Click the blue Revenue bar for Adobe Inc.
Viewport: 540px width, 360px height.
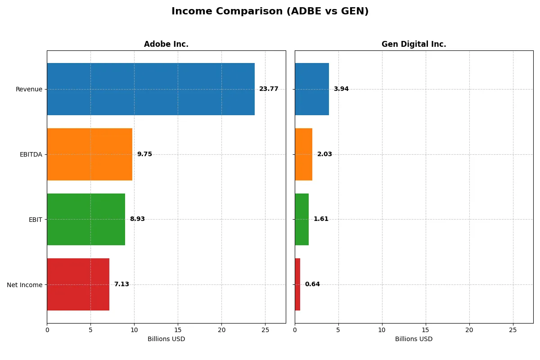(x=151, y=89)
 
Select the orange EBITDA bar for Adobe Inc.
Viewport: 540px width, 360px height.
(x=90, y=154)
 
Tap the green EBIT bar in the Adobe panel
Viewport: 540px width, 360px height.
(x=86, y=219)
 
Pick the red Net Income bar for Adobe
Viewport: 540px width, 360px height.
(x=78, y=284)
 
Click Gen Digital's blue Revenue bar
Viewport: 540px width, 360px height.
(x=312, y=89)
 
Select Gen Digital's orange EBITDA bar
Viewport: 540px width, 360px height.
(x=304, y=154)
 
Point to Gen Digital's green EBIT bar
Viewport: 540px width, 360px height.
(x=302, y=219)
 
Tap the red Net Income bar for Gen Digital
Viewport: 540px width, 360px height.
(x=297, y=284)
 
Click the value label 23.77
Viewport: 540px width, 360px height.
(x=269, y=89)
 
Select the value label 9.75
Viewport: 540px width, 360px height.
(x=144, y=154)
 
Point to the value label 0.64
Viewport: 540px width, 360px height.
(x=312, y=284)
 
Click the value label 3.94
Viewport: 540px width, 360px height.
(x=341, y=89)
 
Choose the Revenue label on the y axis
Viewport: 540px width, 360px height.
(x=29, y=89)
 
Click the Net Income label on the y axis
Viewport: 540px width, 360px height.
(x=25, y=285)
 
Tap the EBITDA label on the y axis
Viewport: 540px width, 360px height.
(x=31, y=154)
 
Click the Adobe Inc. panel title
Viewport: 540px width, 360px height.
(x=166, y=44)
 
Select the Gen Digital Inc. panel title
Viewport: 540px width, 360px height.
(x=414, y=44)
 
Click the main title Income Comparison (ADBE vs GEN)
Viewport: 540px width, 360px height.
(x=270, y=12)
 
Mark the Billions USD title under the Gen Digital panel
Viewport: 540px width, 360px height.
(x=414, y=339)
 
